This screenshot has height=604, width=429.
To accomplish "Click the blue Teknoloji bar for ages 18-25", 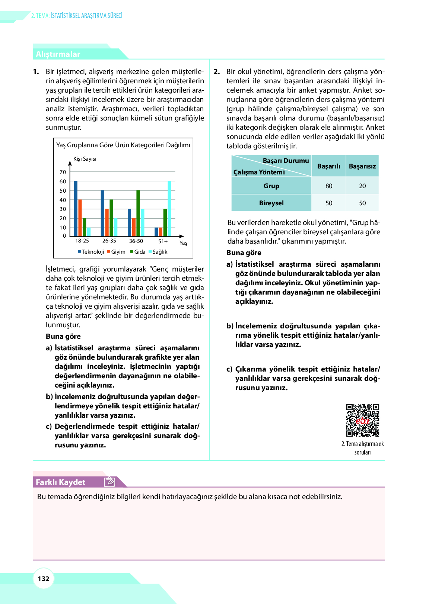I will pyautogui.click(x=76, y=209).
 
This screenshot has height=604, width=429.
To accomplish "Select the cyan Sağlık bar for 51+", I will pyautogui.click(x=169, y=209).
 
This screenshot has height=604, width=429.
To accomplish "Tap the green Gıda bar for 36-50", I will pyautogui.click(x=138, y=213).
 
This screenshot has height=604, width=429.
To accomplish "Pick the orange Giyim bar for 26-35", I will pyautogui.click(x=107, y=222).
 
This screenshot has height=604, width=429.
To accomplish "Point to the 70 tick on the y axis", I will pyautogui.click(x=63, y=172).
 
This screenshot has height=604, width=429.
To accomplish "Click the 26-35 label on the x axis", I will pyautogui.click(x=109, y=241).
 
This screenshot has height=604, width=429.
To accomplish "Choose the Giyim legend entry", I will pyautogui.click(x=116, y=252).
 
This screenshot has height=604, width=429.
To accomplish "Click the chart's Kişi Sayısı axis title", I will pyautogui.click(x=85, y=159).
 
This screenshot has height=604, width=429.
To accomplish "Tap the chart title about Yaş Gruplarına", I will pyautogui.click(x=123, y=145).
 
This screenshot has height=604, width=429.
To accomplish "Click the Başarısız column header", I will pyautogui.click(x=362, y=166).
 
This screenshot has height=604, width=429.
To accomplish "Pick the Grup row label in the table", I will pyautogui.click(x=271, y=186).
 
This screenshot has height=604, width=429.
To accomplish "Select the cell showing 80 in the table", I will pyautogui.click(x=329, y=186).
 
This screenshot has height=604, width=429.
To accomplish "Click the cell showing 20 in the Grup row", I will pyautogui.click(x=362, y=186).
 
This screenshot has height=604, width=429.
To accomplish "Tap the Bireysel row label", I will pyautogui.click(x=271, y=203).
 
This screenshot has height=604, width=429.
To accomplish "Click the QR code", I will pyautogui.click(x=362, y=420).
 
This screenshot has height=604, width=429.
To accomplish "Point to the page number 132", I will pyautogui.click(x=44, y=579).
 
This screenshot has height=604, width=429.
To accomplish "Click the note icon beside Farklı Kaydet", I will pyautogui.click(x=109, y=482).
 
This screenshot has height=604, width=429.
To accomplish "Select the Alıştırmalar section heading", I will pyautogui.click(x=58, y=54).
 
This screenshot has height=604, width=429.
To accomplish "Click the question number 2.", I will pyautogui.click(x=216, y=72).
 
